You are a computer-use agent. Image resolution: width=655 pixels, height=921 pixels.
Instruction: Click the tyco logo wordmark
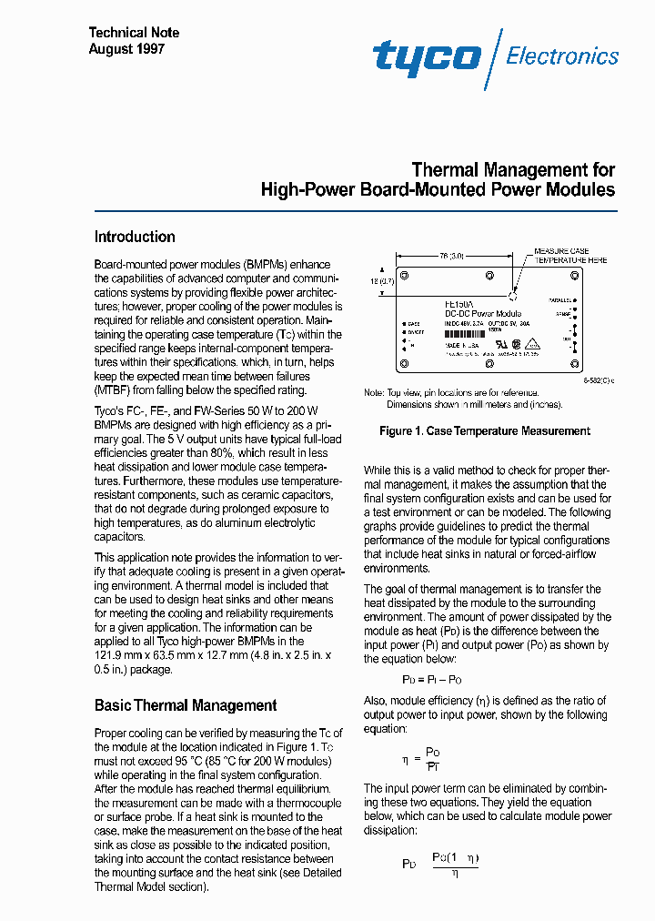pyautogui.click(x=427, y=56)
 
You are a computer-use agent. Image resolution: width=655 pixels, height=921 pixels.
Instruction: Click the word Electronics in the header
pyautogui.click(x=562, y=56)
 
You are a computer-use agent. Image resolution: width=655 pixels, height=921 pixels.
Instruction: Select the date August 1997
pyautogui.click(x=126, y=49)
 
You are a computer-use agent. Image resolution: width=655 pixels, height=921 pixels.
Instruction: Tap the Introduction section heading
pyautogui.click(x=135, y=237)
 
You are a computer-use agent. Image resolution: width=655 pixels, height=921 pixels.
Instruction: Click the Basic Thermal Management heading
pyautogui.click(x=186, y=705)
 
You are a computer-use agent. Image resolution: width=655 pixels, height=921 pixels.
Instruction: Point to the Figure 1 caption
pyautogui.click(x=485, y=430)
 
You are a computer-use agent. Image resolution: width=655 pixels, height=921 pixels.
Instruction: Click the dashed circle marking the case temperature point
pyautogui.click(x=512, y=296)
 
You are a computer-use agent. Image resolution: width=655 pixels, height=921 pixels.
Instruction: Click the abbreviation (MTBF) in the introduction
pyautogui.click(x=113, y=390)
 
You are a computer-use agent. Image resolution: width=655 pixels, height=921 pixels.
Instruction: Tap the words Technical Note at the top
pyautogui.click(x=134, y=33)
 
